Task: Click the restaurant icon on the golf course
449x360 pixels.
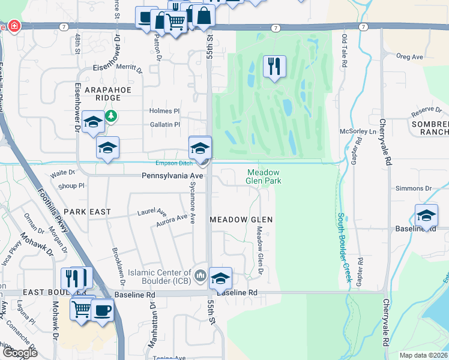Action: coord(274,67)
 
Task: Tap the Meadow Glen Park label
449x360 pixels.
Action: coord(264,176)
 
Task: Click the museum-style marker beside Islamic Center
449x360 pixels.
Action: coord(200,276)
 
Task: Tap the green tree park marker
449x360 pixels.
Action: coord(111,115)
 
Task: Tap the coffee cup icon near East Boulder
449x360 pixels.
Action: coord(102,310)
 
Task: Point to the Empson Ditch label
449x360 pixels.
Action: coord(173,163)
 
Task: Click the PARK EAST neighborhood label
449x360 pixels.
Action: coord(87,212)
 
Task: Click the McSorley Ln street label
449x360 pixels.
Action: coord(357,131)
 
